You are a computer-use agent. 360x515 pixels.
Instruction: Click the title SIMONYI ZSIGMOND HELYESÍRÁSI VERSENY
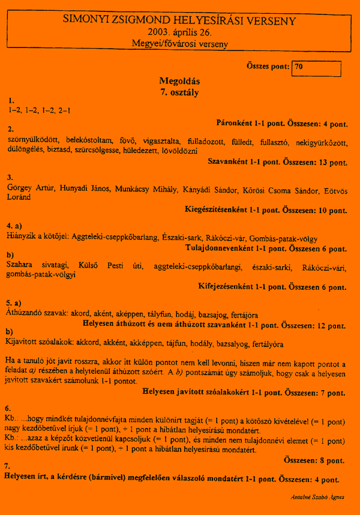(x=179, y=21)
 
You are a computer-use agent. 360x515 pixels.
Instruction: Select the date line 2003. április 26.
(x=179, y=32)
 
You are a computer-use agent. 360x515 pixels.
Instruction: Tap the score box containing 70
(x=316, y=68)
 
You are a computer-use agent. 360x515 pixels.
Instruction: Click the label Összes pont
(x=267, y=67)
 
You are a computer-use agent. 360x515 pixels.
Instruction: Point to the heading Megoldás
(x=179, y=81)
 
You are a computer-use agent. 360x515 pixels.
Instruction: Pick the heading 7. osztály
(x=179, y=92)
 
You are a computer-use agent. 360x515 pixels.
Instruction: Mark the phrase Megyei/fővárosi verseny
(x=179, y=44)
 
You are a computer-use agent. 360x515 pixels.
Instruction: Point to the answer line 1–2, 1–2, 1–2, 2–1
(x=39, y=110)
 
